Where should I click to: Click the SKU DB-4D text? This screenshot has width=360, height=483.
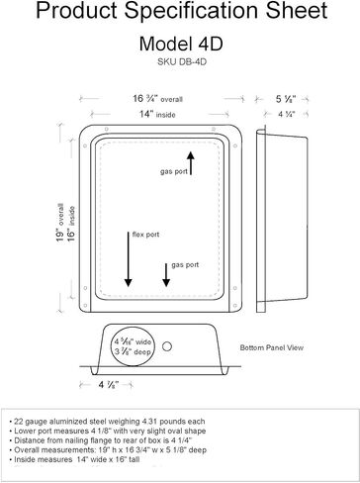(x=182, y=61)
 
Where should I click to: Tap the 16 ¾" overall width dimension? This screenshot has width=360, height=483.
(x=157, y=99)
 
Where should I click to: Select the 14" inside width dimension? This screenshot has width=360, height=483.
(x=157, y=114)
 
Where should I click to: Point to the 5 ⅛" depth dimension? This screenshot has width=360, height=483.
(x=286, y=99)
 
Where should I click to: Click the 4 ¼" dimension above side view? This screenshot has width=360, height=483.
(x=286, y=114)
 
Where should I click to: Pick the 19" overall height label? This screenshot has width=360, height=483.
(x=59, y=223)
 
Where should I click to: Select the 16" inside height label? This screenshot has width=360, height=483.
(x=71, y=224)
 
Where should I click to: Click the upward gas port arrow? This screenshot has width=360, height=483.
(x=191, y=162)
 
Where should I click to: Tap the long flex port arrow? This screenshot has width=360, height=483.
(x=129, y=259)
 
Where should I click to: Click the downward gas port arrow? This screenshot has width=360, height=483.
(x=166, y=275)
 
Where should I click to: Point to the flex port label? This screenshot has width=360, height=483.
(x=145, y=235)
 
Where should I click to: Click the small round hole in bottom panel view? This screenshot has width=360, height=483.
(x=167, y=346)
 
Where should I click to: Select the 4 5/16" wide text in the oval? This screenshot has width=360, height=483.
(x=133, y=341)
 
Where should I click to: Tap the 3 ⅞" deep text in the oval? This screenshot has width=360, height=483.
(x=133, y=351)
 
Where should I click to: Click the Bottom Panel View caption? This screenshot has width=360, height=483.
(x=272, y=347)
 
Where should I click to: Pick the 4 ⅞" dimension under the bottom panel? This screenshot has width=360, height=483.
(x=109, y=385)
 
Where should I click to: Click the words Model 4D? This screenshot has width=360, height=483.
(x=181, y=44)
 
